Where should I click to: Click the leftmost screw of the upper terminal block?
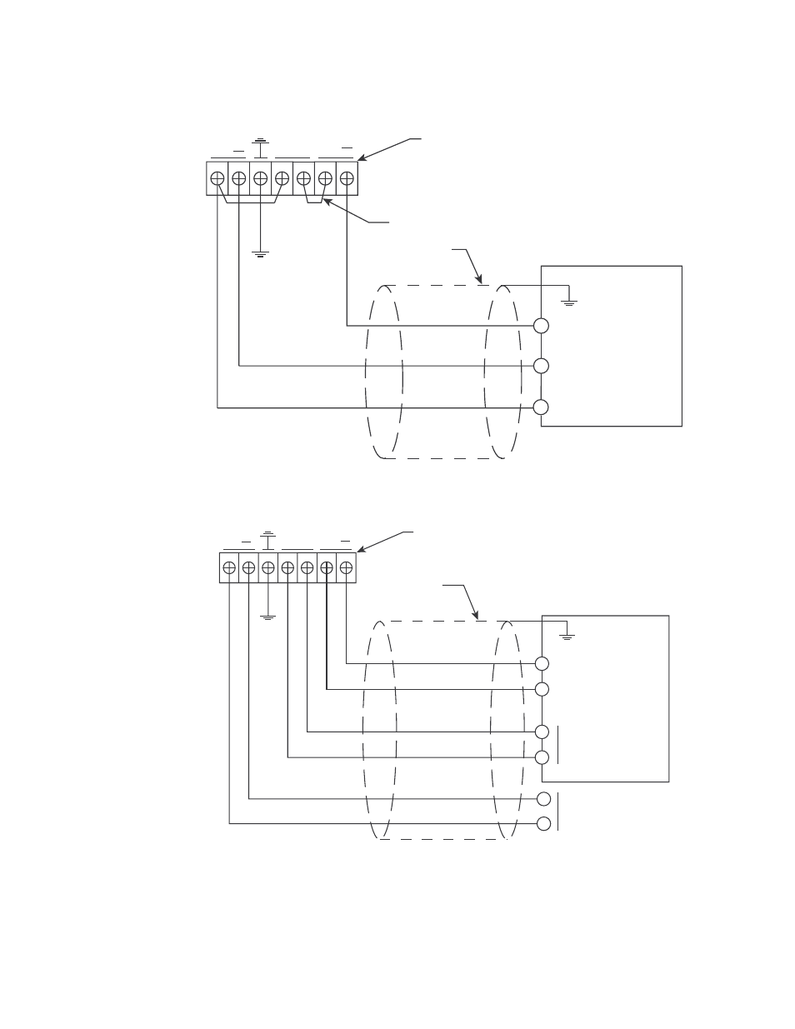pos(217,178)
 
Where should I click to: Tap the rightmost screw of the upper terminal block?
pos(347,178)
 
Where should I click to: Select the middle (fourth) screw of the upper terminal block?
pos(282,178)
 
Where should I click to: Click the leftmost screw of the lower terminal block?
pos(229,567)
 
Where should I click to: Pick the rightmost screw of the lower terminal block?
pos(346,567)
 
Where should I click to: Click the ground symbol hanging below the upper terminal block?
pos(260,253)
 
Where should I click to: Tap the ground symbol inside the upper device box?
pos(569,302)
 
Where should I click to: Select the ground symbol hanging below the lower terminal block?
pos(267,617)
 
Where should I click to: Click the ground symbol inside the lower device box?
pos(567,637)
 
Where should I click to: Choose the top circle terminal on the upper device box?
pos(541,326)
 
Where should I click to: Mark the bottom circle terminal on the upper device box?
pos(541,407)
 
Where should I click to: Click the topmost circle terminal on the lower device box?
pos(542,663)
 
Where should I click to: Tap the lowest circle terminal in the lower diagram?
pos(543,824)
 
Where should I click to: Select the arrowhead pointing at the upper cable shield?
pos(480,281)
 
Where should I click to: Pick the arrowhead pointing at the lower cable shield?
pos(476,617)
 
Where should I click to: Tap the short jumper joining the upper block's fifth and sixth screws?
pos(314,202)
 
